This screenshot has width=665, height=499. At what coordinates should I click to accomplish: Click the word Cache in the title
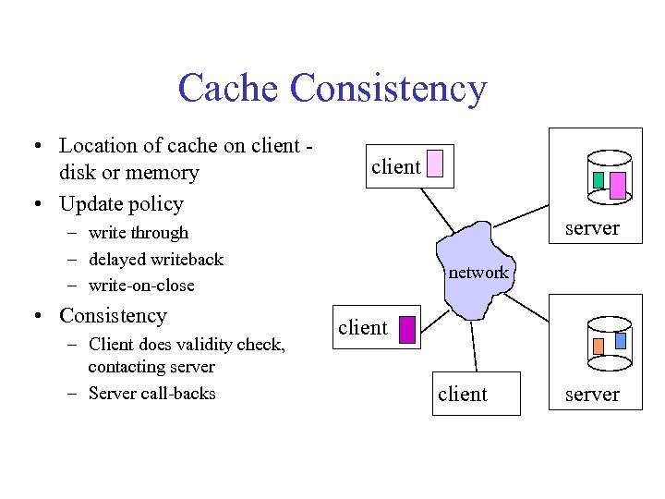coord(228,89)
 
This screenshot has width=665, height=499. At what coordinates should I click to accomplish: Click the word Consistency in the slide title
coord(387,89)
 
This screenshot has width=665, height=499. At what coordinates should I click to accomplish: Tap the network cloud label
coord(478,272)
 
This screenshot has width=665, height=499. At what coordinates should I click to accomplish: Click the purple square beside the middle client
coord(406,327)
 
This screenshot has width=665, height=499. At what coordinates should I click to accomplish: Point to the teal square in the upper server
coord(598,179)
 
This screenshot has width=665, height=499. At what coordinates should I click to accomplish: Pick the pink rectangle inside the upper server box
coord(618,185)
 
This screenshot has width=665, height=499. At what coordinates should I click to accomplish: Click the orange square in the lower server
coord(598,347)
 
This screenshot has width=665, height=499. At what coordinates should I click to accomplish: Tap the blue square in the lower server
coord(621,340)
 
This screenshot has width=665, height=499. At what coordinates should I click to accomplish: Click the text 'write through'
coord(138,233)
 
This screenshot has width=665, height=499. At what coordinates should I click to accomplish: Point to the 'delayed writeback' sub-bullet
coord(155,259)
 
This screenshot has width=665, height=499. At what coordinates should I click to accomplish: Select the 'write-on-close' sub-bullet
coord(141,285)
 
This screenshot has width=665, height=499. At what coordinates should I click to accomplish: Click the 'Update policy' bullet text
coord(121,203)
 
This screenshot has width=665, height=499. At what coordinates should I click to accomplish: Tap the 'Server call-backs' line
coord(151,394)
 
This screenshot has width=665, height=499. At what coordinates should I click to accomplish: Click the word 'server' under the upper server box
coord(591,227)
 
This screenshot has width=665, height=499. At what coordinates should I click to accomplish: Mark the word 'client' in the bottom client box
coord(462,395)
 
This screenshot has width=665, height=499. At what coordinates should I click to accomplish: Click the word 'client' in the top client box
coord(395,166)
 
